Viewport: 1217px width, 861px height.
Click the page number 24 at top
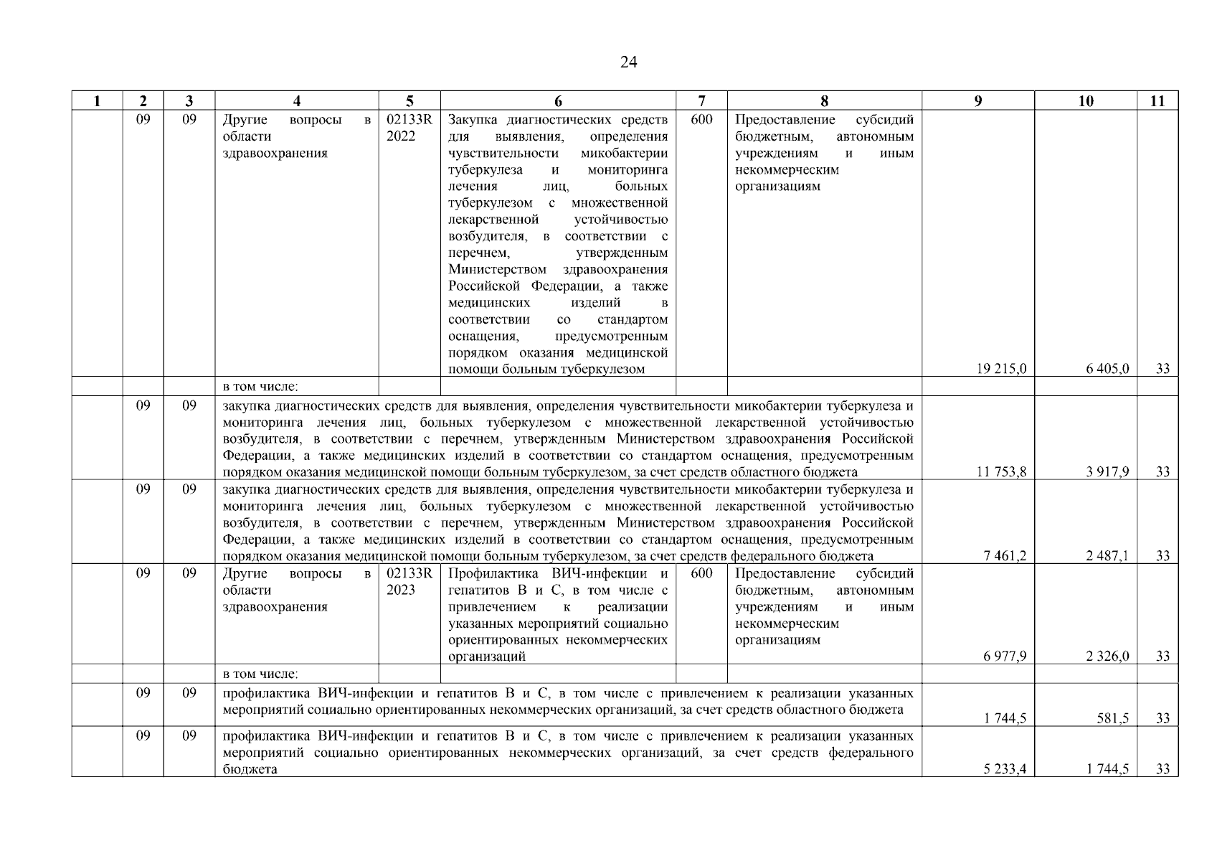coord(628,62)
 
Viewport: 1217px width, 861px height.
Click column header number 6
coord(558,101)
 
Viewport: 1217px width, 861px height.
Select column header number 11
coord(1157,101)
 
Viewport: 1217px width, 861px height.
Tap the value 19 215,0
coord(1001,369)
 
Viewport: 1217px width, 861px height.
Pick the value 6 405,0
coord(1107,369)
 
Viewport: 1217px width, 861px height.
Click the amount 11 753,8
coord(1001,472)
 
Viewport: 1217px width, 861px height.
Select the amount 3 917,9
coord(1107,472)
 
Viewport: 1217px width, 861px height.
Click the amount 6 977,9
coord(1004,657)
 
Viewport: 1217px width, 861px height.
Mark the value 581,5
coord(1113,719)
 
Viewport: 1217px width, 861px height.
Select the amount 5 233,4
coord(1004,769)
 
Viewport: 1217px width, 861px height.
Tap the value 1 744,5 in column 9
coord(1004,719)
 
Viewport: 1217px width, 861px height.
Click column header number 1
coord(97,101)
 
